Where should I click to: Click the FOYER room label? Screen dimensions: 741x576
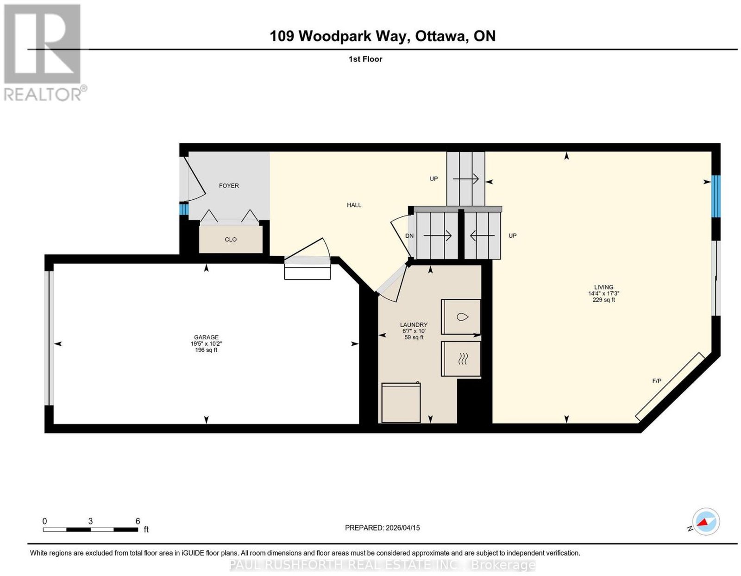coord(228,185)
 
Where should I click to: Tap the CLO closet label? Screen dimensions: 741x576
coord(231,240)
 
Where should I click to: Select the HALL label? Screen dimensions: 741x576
coord(354,205)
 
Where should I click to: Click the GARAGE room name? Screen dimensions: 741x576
coord(206,337)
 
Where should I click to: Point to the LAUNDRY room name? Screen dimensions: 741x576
coord(414,325)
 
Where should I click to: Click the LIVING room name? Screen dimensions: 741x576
coord(603,287)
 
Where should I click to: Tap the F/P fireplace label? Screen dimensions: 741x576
coord(657,381)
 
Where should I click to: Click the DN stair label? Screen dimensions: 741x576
coord(409,236)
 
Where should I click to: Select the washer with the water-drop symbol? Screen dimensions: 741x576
coord(461,317)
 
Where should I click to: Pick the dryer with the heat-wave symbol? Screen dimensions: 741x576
coord(461,359)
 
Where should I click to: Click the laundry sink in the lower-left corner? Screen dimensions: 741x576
coord(401,402)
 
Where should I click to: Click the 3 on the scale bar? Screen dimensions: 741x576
coord(90,521)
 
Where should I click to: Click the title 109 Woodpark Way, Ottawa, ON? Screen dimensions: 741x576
coord(383,36)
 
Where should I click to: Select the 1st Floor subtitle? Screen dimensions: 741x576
coord(365,59)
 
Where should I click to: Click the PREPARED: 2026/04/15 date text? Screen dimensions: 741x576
coord(382,527)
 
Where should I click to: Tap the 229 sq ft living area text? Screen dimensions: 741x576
coord(603,300)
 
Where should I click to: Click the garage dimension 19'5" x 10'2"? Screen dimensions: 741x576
coord(206,344)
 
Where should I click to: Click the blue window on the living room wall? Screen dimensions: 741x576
coord(716,196)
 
